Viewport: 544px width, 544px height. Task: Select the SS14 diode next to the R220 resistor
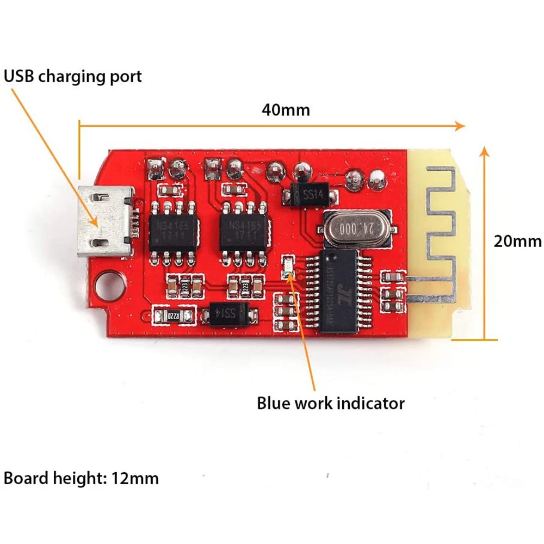[x=225, y=313]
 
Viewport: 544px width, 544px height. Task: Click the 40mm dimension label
[x=286, y=109]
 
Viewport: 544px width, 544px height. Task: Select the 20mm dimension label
[x=517, y=240]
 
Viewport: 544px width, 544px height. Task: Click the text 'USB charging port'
[x=73, y=76]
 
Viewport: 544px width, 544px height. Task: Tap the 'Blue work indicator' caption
[x=331, y=404]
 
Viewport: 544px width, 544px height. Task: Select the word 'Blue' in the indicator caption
[x=274, y=404]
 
